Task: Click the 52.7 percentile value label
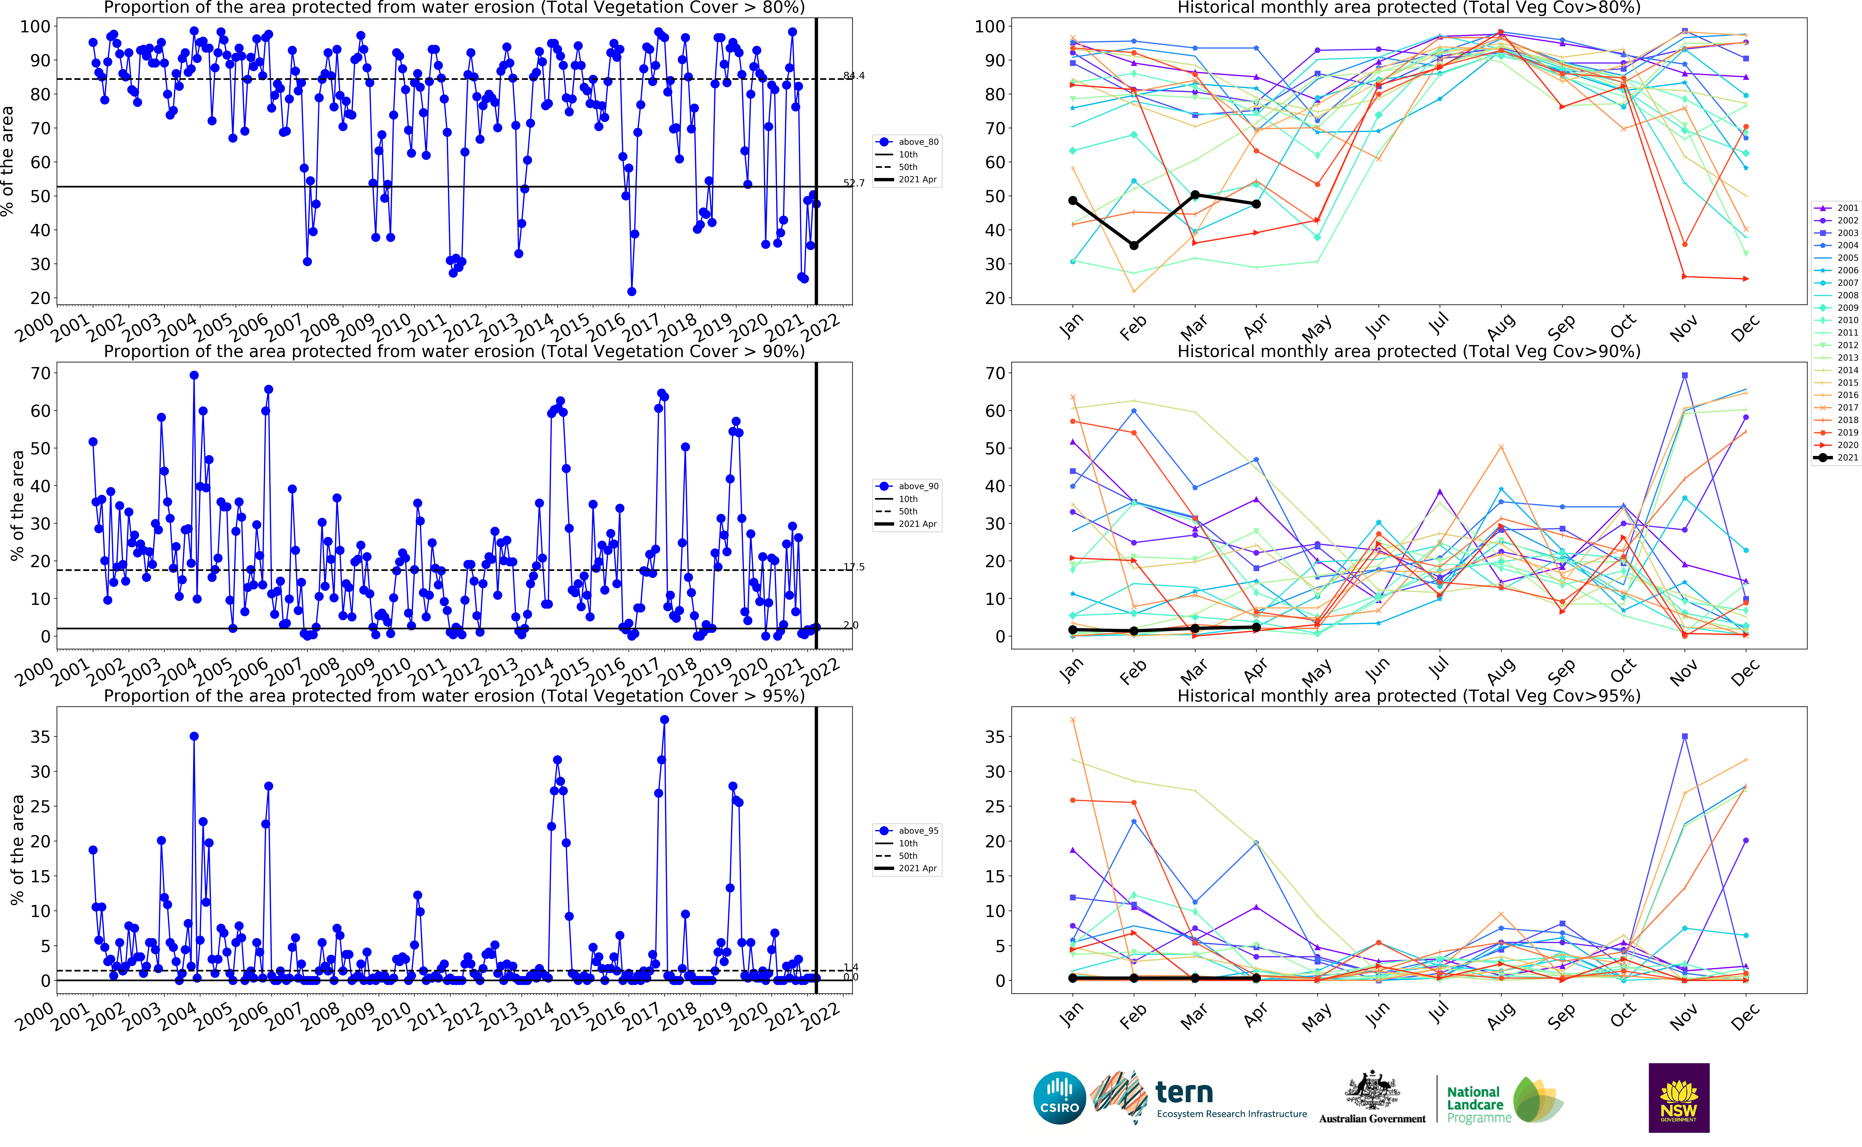pos(854,183)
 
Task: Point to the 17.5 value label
pos(854,567)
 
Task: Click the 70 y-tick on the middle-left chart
pos(40,373)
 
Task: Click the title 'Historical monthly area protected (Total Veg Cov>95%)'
pos(1408,696)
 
